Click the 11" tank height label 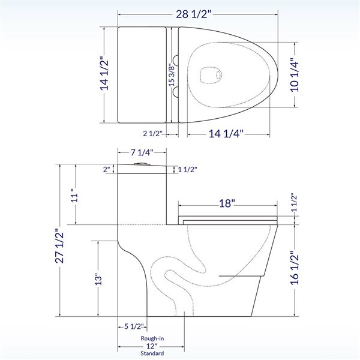[74, 197]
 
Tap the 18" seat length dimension [227, 204]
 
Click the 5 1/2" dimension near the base [133, 327]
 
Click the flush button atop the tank [142, 163]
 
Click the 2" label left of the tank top [106, 170]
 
